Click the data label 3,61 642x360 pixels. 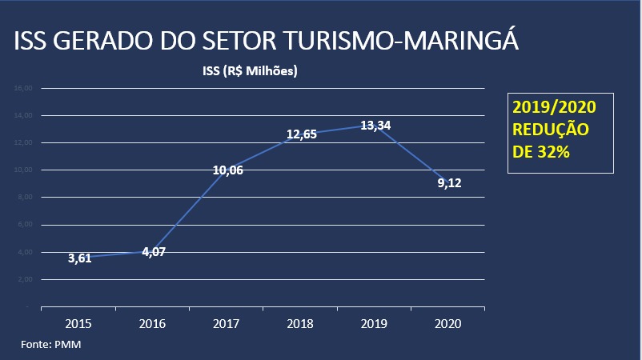click(79, 258)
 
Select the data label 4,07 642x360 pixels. click(153, 251)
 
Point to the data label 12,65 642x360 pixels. click(301, 134)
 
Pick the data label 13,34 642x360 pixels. click(375, 125)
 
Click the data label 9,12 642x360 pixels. click(449, 182)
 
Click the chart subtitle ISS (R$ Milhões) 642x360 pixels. click(250, 71)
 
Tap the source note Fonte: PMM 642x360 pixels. click(51, 344)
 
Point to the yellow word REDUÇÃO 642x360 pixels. click(550, 129)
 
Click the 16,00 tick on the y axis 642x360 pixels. click(23, 88)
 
